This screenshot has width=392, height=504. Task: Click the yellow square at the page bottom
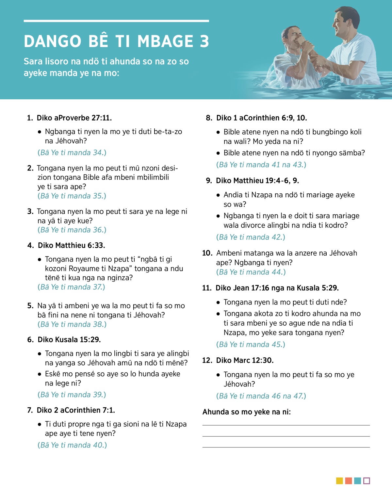coord(339,481)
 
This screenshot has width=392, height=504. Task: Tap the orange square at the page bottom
coord(349,481)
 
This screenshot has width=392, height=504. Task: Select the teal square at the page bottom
coord(357,481)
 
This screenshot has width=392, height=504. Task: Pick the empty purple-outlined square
coord(367,481)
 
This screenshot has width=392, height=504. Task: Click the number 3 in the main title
coord(204,41)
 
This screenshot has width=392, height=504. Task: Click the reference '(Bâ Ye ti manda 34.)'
coord(72,153)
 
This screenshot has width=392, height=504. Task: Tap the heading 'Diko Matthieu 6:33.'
coord(71,245)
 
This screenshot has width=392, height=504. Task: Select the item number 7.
coord(30,410)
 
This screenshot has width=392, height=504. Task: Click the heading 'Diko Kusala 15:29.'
coord(69,340)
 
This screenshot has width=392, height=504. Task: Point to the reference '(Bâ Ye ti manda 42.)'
coord(251,237)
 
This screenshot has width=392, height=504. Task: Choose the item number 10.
coord(207,253)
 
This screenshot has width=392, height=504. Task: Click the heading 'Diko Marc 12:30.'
coord(245,360)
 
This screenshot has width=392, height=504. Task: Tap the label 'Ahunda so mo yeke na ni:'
coord(247,412)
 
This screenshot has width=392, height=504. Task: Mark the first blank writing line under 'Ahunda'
coord(286,425)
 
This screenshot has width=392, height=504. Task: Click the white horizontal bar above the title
coord(116,21)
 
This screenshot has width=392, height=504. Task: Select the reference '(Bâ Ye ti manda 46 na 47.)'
coord(261,396)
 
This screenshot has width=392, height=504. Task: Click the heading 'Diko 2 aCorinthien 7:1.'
coord(76,410)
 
